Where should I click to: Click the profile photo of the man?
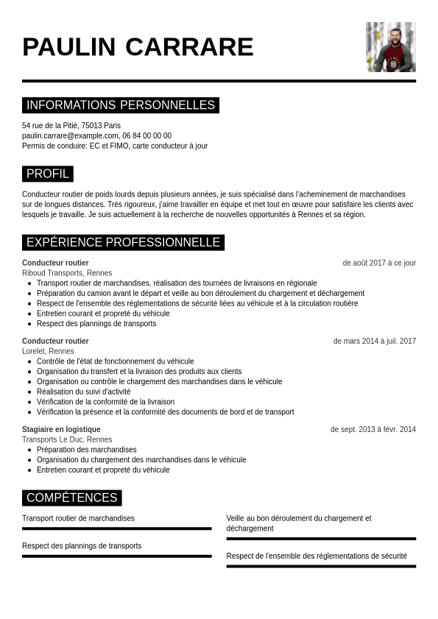(390, 47)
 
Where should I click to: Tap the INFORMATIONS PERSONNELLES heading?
(121, 105)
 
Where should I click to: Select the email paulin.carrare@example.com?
(70, 135)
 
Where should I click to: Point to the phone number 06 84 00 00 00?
(147, 135)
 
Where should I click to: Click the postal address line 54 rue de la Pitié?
(71, 125)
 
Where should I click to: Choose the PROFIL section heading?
(48, 174)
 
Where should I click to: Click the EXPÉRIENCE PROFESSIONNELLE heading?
(123, 242)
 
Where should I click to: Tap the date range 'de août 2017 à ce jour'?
(379, 263)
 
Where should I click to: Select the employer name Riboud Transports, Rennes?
(67, 273)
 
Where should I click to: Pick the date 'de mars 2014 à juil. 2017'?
(374, 341)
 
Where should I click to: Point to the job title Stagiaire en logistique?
(61, 429)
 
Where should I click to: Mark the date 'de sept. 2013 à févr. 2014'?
(372, 429)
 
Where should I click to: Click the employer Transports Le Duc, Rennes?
(67, 439)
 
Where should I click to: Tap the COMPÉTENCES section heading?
(71, 498)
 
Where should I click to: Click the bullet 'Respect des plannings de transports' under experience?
(96, 323)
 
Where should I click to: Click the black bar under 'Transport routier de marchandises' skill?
(116, 528)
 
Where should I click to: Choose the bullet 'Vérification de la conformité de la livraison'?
(105, 402)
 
